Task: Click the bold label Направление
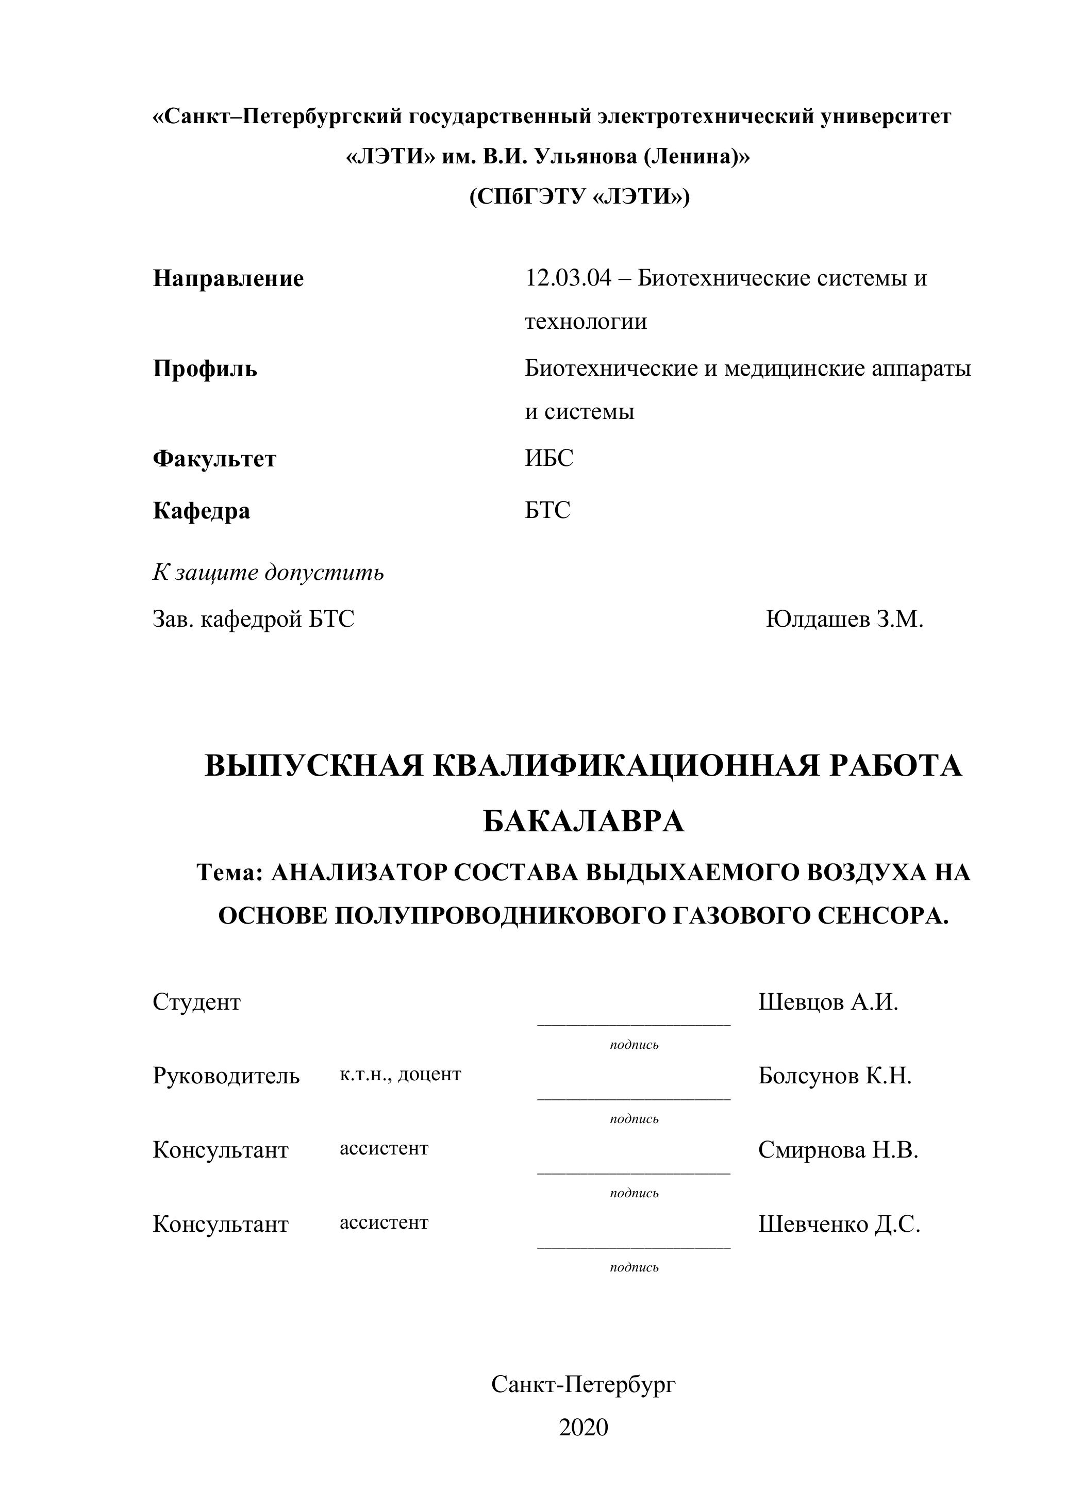pos(228,279)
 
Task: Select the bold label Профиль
pos(205,370)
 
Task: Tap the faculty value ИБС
pos(549,458)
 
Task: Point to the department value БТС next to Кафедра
pos(547,510)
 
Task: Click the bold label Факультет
pos(214,459)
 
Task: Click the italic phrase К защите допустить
pos(268,573)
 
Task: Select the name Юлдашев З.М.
pos(844,619)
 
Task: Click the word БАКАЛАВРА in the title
pos(584,821)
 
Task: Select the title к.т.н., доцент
pos(401,1075)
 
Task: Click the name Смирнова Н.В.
pos(838,1150)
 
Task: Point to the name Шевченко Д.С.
pos(839,1224)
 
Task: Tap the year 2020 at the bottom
pos(584,1428)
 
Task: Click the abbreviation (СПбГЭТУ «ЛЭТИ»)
pos(579,197)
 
